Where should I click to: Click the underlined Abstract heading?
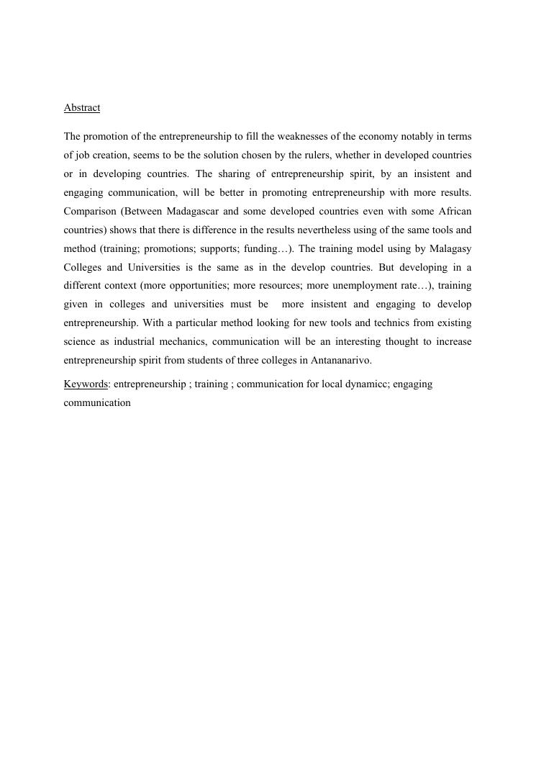point(82,108)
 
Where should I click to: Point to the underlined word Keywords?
point(86,384)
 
